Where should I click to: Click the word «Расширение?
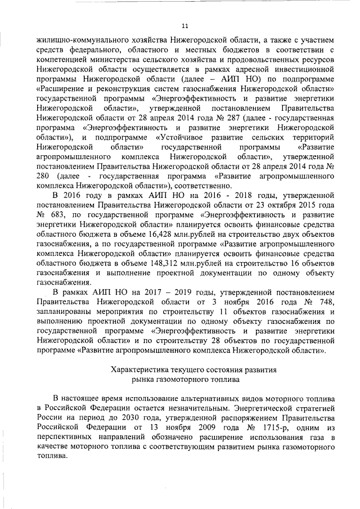(x=64, y=89)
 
